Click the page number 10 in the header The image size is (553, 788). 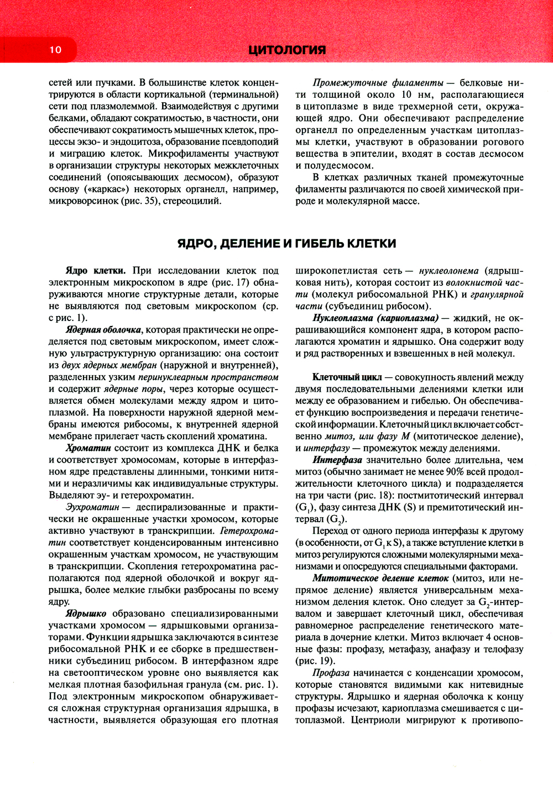(55, 50)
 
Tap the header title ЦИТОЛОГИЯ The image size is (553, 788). (287, 50)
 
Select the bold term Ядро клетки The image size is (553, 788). (95, 271)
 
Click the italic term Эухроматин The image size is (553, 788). (92, 507)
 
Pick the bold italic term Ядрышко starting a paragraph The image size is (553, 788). (86, 613)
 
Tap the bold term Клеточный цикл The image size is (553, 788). (347, 377)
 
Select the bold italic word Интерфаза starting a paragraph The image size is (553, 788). (337, 460)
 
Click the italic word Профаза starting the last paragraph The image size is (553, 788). (331, 673)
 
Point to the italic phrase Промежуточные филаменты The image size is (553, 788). (378, 83)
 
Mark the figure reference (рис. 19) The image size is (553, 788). (315, 660)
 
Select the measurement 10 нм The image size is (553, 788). (414, 94)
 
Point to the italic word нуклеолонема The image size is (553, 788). (448, 271)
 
